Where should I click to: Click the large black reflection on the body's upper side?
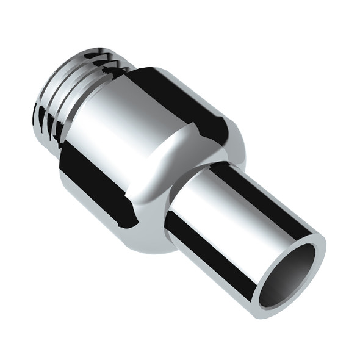click(x=177, y=98)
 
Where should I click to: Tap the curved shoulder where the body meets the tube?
click(x=183, y=165)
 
